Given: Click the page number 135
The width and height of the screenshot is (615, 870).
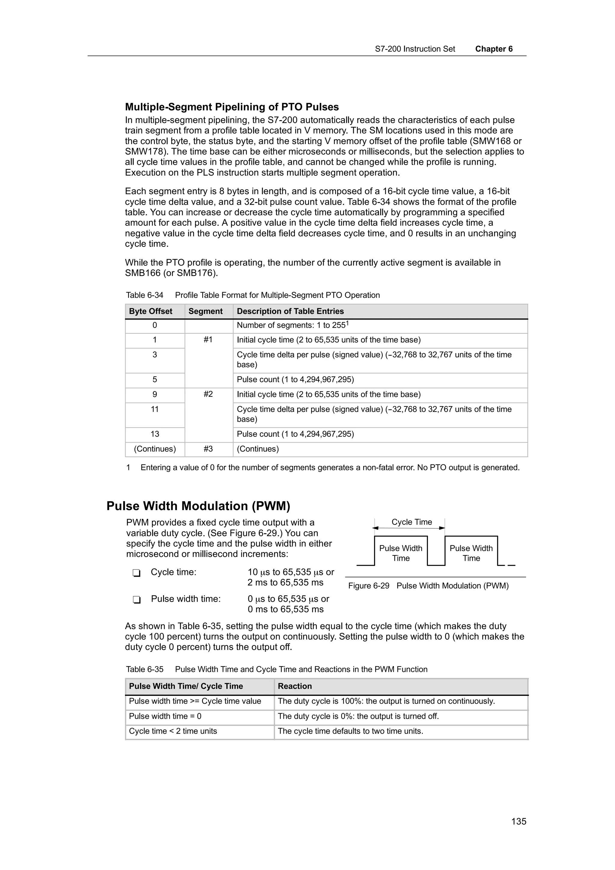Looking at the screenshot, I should (x=518, y=821).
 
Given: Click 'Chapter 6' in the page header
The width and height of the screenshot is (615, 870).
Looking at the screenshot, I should (x=494, y=49).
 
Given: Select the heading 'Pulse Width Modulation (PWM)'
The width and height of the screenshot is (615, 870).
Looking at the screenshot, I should (x=198, y=506).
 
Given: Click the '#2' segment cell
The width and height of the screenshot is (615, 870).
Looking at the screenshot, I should (x=208, y=394).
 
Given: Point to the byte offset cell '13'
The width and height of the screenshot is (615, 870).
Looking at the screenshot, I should (x=155, y=434).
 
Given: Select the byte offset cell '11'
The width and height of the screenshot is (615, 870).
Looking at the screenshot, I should (x=155, y=409).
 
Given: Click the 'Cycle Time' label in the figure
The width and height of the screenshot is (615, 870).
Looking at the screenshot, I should (x=411, y=522).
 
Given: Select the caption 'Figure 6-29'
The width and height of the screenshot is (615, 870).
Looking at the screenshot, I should (x=369, y=585).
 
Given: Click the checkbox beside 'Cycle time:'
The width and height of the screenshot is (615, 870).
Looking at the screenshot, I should (x=136, y=572).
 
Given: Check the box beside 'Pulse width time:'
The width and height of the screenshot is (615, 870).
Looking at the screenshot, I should (x=136, y=600).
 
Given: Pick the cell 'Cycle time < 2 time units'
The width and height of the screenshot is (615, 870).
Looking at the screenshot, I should (x=173, y=731).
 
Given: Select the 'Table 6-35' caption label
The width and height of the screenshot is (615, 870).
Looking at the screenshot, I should (x=145, y=669).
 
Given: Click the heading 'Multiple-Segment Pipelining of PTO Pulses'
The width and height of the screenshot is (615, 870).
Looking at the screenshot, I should (x=232, y=107).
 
